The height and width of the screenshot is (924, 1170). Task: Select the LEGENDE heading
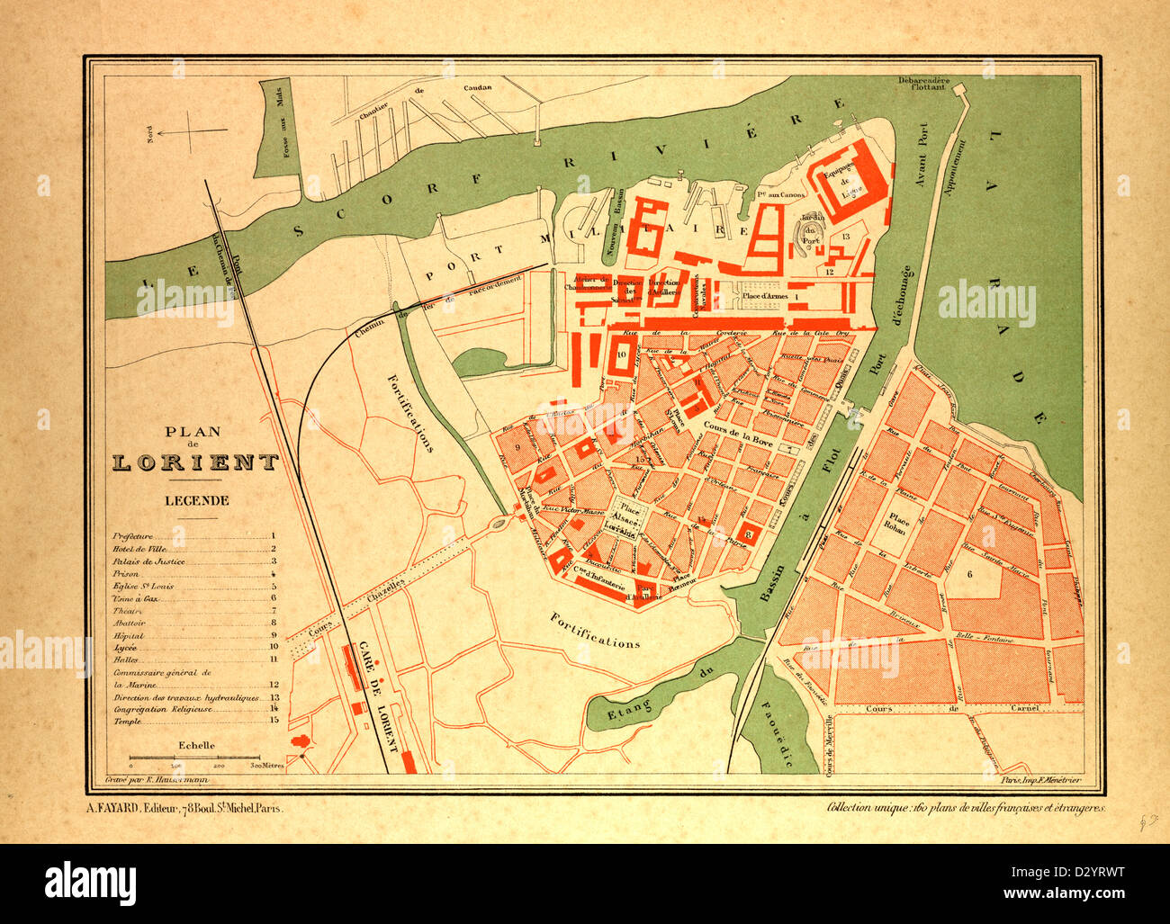click(x=195, y=500)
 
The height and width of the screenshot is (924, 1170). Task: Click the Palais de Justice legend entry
click(x=145, y=561)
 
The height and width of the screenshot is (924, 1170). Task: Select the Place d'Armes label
click(x=765, y=295)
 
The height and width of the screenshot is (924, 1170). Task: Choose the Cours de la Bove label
click(x=731, y=427)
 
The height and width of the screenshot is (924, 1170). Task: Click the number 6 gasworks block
click(x=970, y=574)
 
